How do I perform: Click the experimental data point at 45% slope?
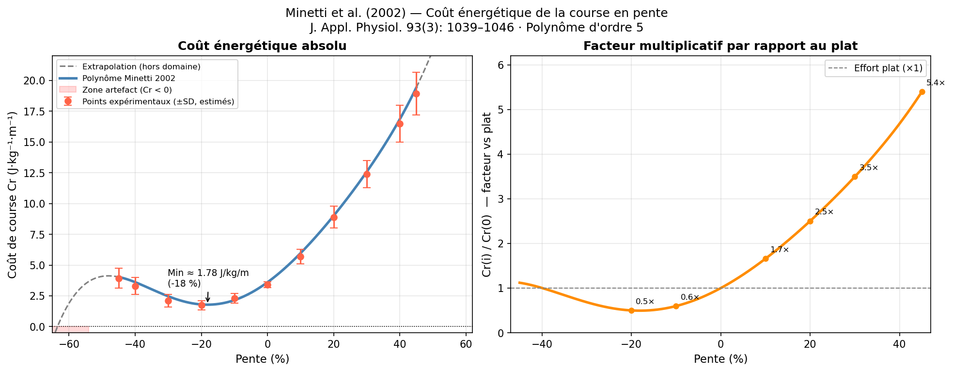coord(416,94)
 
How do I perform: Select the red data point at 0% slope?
coord(267,285)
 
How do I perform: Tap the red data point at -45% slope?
coord(119,278)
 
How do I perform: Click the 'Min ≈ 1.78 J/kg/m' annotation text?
coord(208,273)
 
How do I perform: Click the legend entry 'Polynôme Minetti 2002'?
coord(128,78)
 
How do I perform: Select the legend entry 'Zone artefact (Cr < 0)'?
coord(127,90)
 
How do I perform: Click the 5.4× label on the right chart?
coord(935,83)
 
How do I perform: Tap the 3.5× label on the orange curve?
coord(869,168)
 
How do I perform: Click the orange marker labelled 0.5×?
coord(631,310)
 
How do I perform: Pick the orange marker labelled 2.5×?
coord(810,221)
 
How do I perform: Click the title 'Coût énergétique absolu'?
coord(262,46)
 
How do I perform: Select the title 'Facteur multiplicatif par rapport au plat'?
coord(720,46)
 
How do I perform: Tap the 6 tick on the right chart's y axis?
coord(501,65)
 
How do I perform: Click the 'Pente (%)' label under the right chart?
coord(720,359)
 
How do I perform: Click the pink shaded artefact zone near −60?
coord(72,329)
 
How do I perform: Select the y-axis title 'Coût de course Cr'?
coord(13,194)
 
